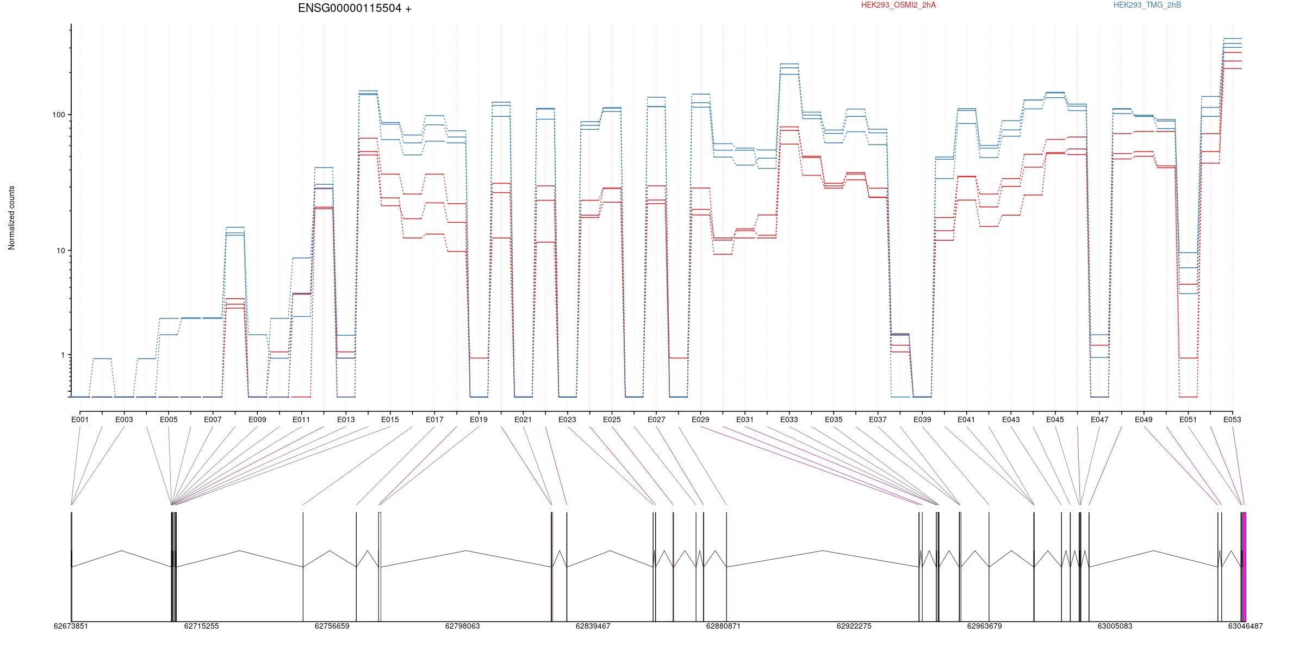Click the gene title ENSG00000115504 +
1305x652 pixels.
point(355,8)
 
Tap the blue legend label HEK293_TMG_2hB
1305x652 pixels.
point(1147,5)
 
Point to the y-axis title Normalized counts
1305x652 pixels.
point(11,218)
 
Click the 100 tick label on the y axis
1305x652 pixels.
point(58,115)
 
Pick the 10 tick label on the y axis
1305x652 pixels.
point(60,250)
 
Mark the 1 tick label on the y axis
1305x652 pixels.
point(62,355)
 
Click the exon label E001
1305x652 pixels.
point(80,419)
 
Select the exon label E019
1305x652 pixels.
point(478,419)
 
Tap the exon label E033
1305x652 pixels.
point(789,419)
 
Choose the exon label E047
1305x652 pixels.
point(1099,419)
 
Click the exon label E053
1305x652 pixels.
point(1232,419)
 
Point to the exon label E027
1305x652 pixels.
point(656,419)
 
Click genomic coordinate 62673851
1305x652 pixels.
point(71,626)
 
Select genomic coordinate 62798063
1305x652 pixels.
point(462,626)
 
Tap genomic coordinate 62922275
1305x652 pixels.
point(854,626)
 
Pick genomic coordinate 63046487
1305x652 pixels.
point(1245,626)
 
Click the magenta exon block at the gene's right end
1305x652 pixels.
point(1244,567)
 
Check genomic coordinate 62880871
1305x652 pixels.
point(723,626)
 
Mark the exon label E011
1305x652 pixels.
point(301,419)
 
